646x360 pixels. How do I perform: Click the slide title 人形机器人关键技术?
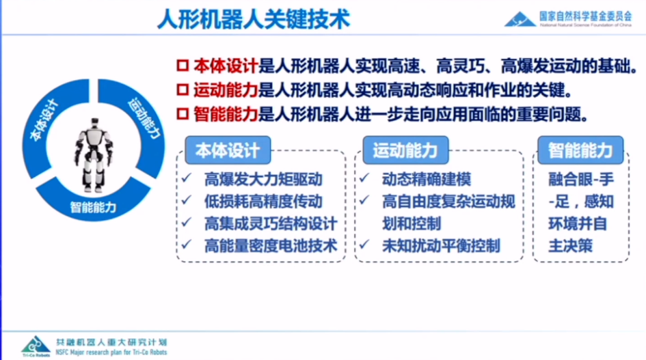click(253, 18)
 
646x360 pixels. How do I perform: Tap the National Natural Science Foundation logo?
click(520, 19)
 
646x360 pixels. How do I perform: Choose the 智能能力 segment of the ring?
click(93, 206)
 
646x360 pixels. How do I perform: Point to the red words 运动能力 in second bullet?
click(226, 89)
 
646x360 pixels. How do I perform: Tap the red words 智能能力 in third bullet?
click(226, 113)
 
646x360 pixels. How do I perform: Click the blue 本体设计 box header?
click(223, 149)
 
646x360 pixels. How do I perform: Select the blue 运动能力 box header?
click(405, 149)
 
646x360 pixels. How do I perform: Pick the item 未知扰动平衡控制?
click(441, 246)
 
